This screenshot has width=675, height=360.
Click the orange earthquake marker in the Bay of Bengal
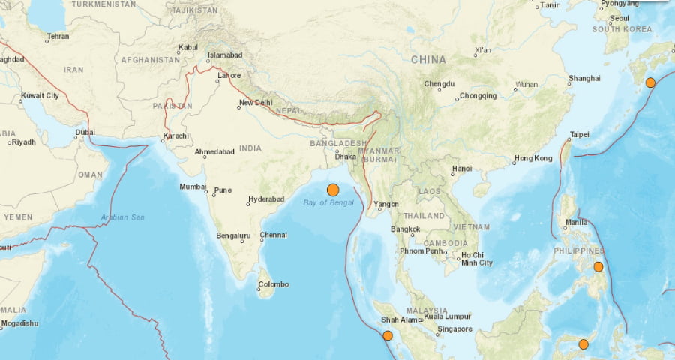pos(333,190)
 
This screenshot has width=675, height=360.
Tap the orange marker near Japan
pos(650,82)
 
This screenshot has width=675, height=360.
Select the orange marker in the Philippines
pos(598,266)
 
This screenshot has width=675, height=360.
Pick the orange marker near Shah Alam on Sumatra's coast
pos(387,335)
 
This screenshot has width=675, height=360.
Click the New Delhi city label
pos(255,103)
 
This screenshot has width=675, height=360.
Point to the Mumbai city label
pos(192,186)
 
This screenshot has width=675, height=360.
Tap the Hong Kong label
pos(532,158)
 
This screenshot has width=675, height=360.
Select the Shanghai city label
pos(584,78)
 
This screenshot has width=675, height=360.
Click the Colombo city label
pos(273,283)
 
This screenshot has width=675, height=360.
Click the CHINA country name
pos(428,59)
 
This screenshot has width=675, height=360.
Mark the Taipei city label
pos(579,134)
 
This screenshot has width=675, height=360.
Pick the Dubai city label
pos(85,133)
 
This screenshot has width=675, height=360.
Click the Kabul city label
pos(187,47)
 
